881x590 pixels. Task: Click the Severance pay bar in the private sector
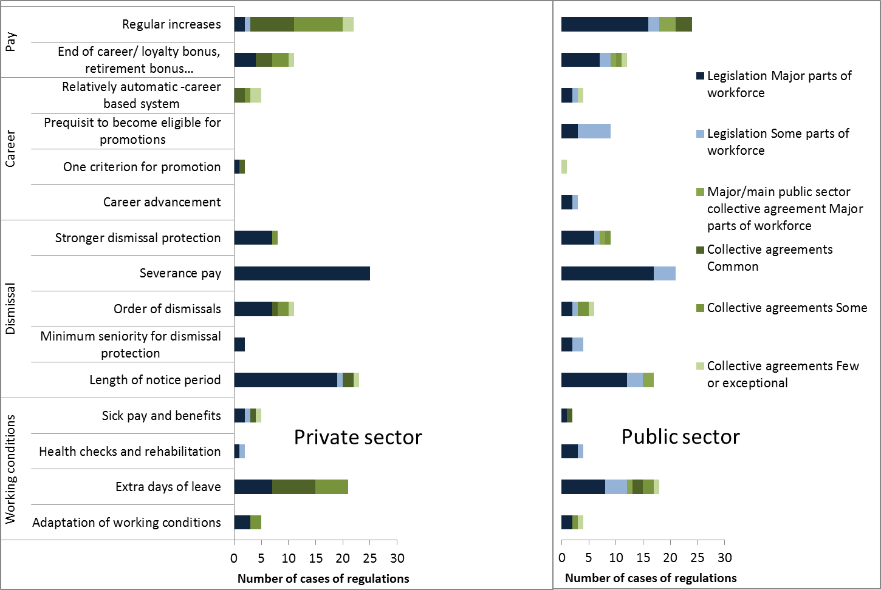pos(302,273)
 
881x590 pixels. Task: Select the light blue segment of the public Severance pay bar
pos(664,273)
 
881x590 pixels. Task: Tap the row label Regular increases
pos(171,24)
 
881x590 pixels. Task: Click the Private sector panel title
pos(358,437)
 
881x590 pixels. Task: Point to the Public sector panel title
pos(680,437)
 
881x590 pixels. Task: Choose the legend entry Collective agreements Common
pos(769,258)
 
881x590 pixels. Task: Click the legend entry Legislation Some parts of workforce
pos(778,141)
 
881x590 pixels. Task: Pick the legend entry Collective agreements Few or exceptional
pos(783,375)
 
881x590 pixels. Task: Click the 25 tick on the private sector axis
pos(370,558)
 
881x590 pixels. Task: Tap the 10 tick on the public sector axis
pos(615,558)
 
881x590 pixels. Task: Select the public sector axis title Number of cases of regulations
pos(651,578)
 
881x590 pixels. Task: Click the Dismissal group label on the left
pos(10,308)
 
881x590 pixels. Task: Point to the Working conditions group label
pos(10,469)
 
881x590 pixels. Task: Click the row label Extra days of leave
pos(168,487)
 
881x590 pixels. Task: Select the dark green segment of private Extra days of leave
pos(293,487)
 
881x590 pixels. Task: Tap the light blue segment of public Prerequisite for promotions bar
pos(594,131)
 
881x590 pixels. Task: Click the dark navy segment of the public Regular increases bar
pos(605,24)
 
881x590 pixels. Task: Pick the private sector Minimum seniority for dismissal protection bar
pos(239,345)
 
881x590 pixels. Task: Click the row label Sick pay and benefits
pos(161,416)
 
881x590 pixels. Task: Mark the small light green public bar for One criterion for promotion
pos(564,166)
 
